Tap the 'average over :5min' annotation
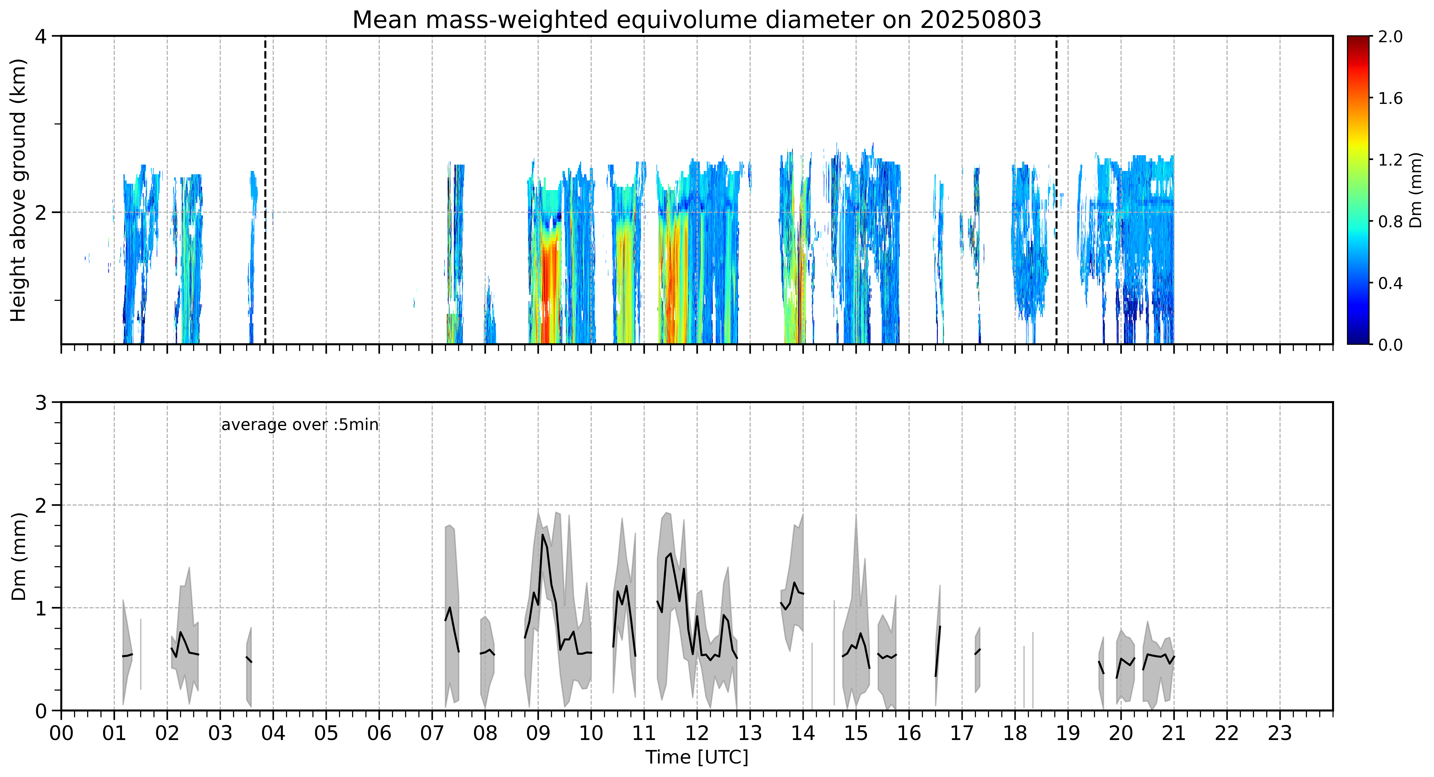click(299, 425)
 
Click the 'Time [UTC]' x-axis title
click(697, 758)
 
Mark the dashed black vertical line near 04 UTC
click(265, 190)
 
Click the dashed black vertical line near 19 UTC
click(1057, 190)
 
